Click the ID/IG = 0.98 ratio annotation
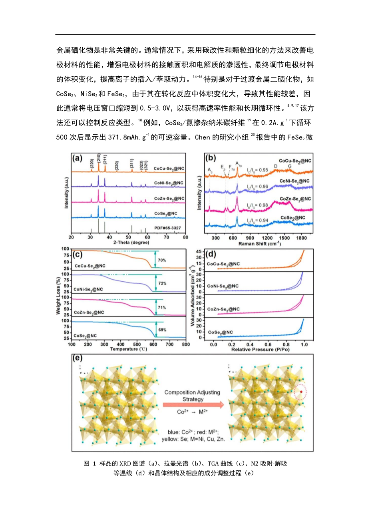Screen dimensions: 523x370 pyautogui.click(x=257, y=206)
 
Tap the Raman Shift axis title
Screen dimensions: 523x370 pyautogui.click(x=259, y=244)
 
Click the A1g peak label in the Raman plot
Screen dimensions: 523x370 pyautogui.click(x=239, y=163)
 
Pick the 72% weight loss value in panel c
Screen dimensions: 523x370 pyautogui.click(x=162, y=283)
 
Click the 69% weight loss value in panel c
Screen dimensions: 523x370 pyautogui.click(x=162, y=330)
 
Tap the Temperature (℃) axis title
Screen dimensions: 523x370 pyautogui.click(x=129, y=349)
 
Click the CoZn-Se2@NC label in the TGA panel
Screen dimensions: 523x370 pyautogui.click(x=89, y=312)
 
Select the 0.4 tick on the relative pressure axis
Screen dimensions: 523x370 pyautogui.click(x=250, y=344)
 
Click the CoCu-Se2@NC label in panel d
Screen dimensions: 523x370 pyautogui.click(x=223, y=264)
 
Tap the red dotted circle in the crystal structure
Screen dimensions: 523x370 pyautogui.click(x=301, y=392)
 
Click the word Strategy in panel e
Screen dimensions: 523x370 pyautogui.click(x=193, y=399)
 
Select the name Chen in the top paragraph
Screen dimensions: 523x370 pyautogui.click(x=202, y=137)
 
